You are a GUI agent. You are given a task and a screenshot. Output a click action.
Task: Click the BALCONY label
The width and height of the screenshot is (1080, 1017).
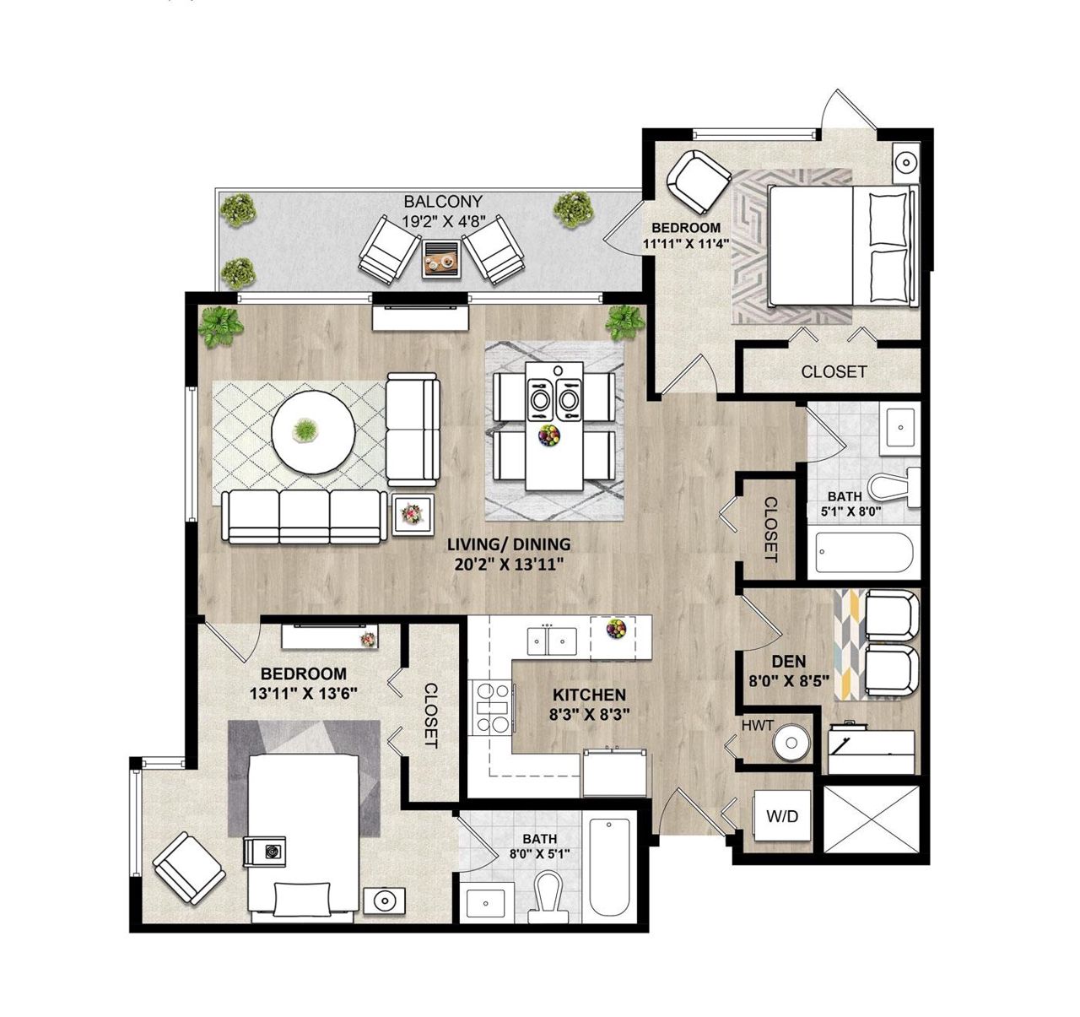click(x=443, y=202)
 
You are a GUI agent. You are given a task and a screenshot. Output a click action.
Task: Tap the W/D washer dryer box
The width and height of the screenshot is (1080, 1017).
click(x=782, y=815)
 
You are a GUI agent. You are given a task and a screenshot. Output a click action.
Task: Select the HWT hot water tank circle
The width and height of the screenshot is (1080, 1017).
click(x=791, y=742)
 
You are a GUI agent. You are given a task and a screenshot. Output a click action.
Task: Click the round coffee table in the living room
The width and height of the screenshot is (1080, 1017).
click(x=313, y=433)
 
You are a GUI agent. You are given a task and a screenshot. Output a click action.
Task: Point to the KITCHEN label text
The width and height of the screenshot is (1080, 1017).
click(x=589, y=695)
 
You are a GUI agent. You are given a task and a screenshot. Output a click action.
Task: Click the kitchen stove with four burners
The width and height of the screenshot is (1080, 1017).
click(x=494, y=707)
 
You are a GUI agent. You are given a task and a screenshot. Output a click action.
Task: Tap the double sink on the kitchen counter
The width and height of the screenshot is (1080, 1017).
click(x=552, y=641)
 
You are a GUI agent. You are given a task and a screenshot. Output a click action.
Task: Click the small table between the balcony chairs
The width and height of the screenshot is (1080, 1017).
click(x=442, y=259)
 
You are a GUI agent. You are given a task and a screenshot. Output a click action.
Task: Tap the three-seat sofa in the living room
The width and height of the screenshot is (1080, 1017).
click(x=305, y=517)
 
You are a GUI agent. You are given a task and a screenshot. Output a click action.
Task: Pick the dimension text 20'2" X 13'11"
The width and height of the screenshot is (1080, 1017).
click(x=509, y=565)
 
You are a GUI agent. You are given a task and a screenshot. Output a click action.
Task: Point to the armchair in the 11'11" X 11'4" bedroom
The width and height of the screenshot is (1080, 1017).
click(x=699, y=182)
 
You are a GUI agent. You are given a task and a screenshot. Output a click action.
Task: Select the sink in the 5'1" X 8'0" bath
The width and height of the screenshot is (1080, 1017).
click(x=901, y=428)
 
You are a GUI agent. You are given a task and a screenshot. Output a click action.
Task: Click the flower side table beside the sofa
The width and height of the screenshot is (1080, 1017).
click(x=413, y=514)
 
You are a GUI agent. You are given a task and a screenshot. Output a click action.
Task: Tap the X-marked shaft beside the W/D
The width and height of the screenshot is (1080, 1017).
click(x=872, y=819)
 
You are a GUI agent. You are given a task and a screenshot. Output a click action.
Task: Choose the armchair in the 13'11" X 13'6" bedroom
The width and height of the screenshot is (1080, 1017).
click(x=189, y=868)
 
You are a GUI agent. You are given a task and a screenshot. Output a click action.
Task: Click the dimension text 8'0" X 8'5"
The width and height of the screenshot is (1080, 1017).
click(x=789, y=681)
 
